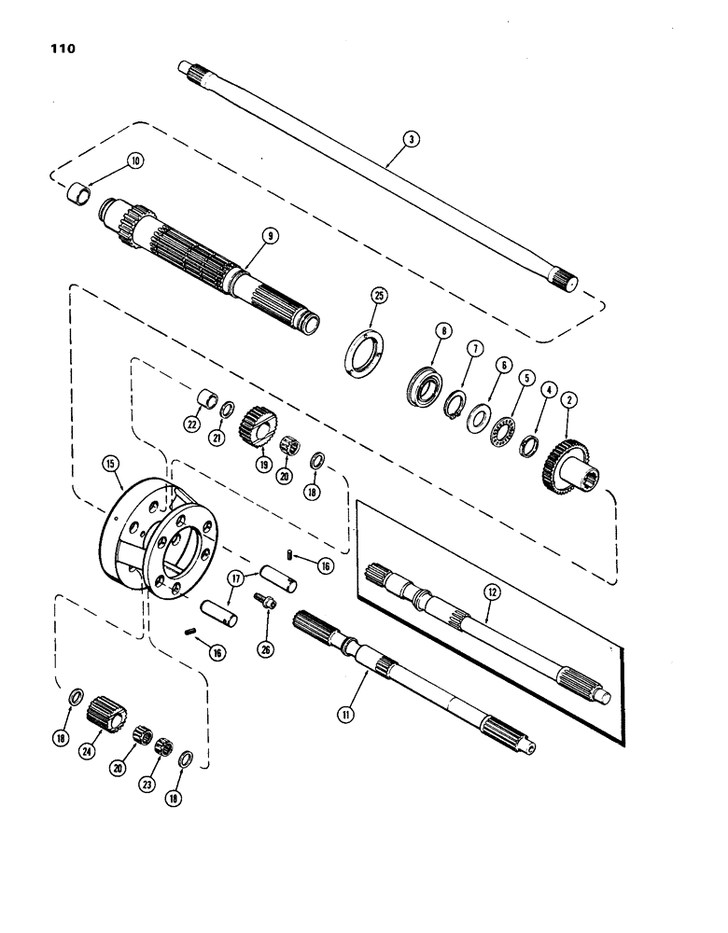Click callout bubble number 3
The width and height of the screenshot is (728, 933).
point(411,139)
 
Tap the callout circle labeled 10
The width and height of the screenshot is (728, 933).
point(136,160)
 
